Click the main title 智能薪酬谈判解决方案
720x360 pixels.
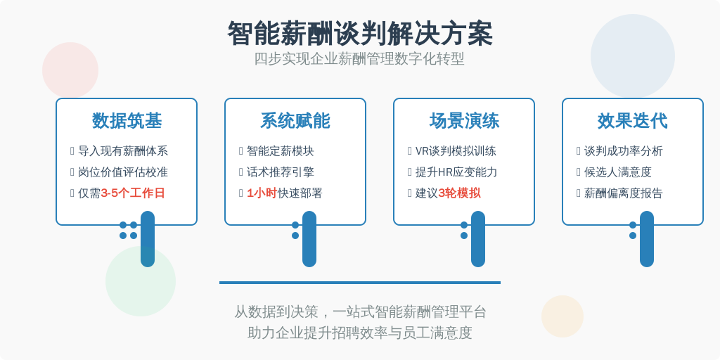(359, 33)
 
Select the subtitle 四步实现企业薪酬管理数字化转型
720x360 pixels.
(359, 59)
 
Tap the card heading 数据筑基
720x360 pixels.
(127, 121)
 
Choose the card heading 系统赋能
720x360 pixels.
(295, 121)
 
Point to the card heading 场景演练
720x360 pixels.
(464, 121)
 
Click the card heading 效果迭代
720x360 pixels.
(633, 121)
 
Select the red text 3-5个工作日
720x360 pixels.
(133, 193)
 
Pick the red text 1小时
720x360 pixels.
(262, 193)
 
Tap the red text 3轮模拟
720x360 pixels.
(460, 193)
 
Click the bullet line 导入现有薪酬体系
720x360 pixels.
(123, 151)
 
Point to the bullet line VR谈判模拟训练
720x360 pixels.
(456, 151)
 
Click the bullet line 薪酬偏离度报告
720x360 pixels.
(624, 193)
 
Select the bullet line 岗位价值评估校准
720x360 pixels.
(123, 172)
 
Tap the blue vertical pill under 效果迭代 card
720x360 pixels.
(647, 239)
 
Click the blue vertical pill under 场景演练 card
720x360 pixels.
(478, 239)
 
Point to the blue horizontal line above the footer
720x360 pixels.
(360, 283)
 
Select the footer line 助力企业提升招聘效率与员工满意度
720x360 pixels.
(360, 333)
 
